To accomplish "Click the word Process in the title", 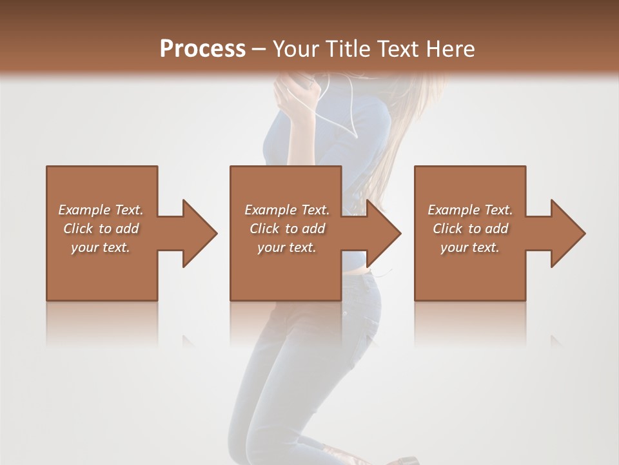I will coord(202,49).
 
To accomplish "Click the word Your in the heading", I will coord(297,49).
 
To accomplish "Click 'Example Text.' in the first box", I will coord(101,210).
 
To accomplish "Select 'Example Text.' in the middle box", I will coord(286,210).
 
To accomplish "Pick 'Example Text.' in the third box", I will coord(470,210).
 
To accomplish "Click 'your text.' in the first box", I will coord(101,247).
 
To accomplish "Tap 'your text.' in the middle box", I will coord(286,247).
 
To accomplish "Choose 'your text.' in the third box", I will coord(470,247).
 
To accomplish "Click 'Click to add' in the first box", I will coord(101,229).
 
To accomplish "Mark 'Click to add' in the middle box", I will coord(286,229).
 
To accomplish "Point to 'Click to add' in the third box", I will coord(470,229).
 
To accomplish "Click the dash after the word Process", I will coord(259,50).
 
